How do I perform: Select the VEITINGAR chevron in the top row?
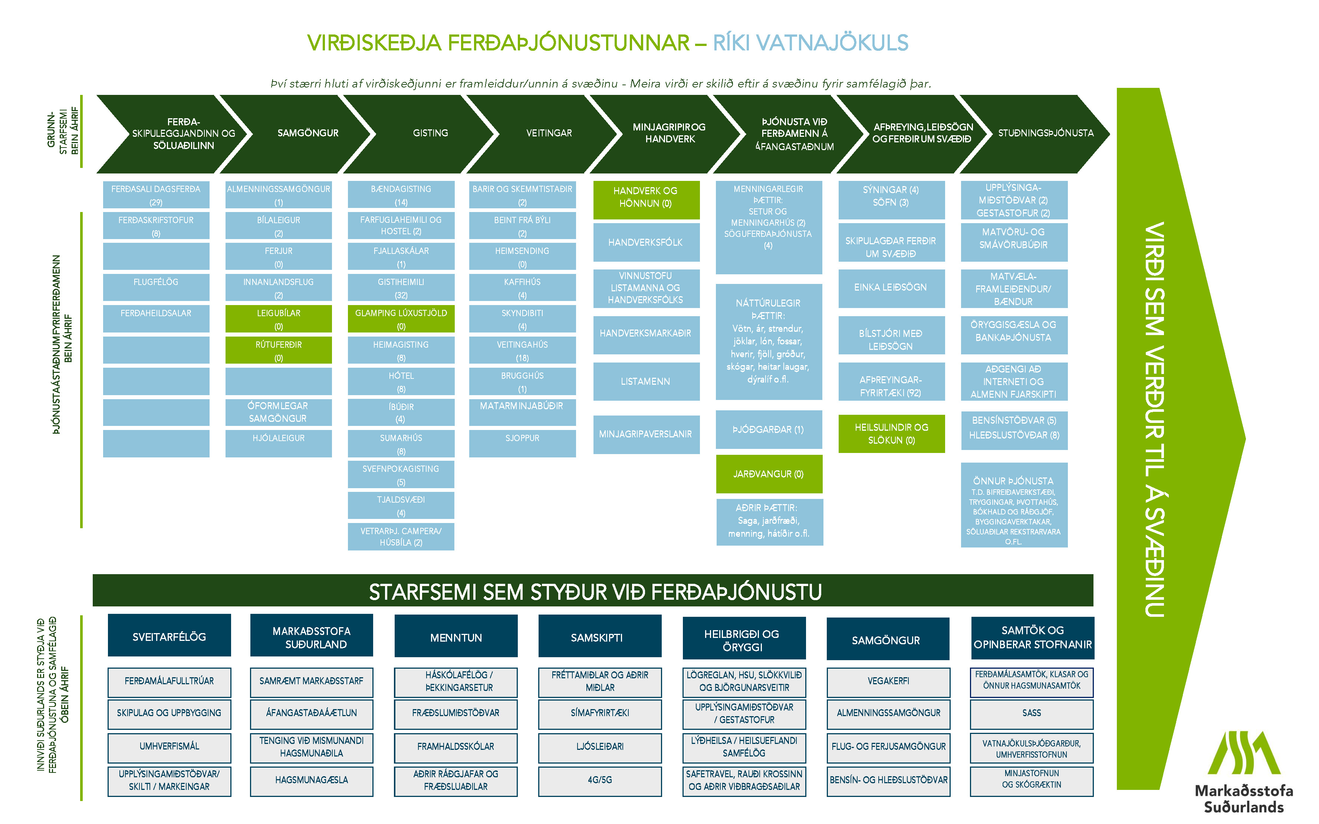(x=549, y=133)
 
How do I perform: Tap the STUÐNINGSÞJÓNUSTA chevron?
(x=1045, y=133)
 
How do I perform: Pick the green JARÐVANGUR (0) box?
(x=768, y=474)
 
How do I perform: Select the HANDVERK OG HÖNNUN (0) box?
(x=646, y=197)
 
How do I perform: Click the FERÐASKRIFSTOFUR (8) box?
(x=156, y=226)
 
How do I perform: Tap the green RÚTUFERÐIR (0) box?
(x=279, y=350)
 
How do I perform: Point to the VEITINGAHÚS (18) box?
(x=522, y=350)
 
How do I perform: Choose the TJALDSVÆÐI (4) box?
(x=401, y=506)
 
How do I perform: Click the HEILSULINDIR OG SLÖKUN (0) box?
(x=891, y=434)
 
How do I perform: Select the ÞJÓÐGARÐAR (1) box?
(x=768, y=430)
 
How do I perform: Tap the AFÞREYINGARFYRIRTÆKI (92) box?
(x=891, y=386)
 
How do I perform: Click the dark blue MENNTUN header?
(x=456, y=637)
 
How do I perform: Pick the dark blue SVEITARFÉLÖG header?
(x=169, y=636)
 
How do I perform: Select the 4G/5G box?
(x=600, y=780)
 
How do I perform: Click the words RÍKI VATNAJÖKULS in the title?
(x=810, y=43)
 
